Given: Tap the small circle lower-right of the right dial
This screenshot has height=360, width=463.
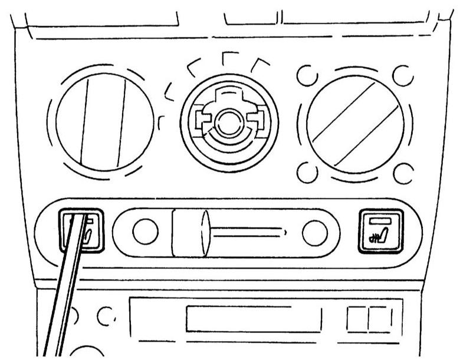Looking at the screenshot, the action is click(403, 173).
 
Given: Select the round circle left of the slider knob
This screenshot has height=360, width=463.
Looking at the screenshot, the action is click(145, 232).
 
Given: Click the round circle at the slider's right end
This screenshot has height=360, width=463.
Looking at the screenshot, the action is click(314, 233).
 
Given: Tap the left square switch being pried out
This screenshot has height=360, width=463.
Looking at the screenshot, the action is click(83, 231).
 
